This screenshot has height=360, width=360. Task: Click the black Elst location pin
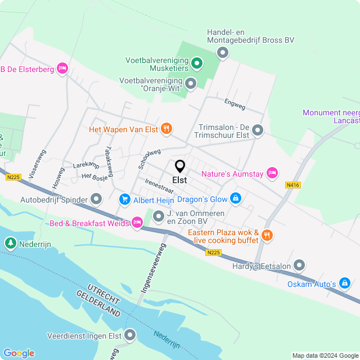(x=180, y=166)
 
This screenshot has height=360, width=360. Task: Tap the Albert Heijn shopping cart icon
(x=125, y=200)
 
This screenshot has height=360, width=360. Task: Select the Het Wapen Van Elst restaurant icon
(x=166, y=129)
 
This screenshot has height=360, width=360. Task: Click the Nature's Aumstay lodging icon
(x=272, y=173)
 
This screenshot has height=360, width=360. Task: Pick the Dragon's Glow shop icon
(x=236, y=199)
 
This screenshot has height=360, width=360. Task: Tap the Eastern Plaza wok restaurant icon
(x=267, y=236)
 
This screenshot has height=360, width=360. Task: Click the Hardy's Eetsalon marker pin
(x=299, y=265)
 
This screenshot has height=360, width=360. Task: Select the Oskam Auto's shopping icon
(x=345, y=284)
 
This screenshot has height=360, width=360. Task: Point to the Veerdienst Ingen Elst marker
(x=130, y=336)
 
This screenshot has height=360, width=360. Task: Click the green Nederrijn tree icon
(x=10, y=244)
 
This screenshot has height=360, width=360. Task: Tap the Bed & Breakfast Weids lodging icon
(x=137, y=223)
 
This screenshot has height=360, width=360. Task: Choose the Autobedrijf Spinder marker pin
(x=96, y=199)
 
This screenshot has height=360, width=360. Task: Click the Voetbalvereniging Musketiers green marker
(x=196, y=63)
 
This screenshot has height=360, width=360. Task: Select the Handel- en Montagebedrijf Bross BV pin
(x=223, y=53)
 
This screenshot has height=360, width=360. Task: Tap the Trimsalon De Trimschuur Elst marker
(x=258, y=130)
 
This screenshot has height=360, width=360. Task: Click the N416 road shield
(x=292, y=184)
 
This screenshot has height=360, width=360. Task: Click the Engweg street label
(x=235, y=103)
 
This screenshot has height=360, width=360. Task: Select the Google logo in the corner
(x=19, y=353)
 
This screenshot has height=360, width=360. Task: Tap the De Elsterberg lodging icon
(x=62, y=69)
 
